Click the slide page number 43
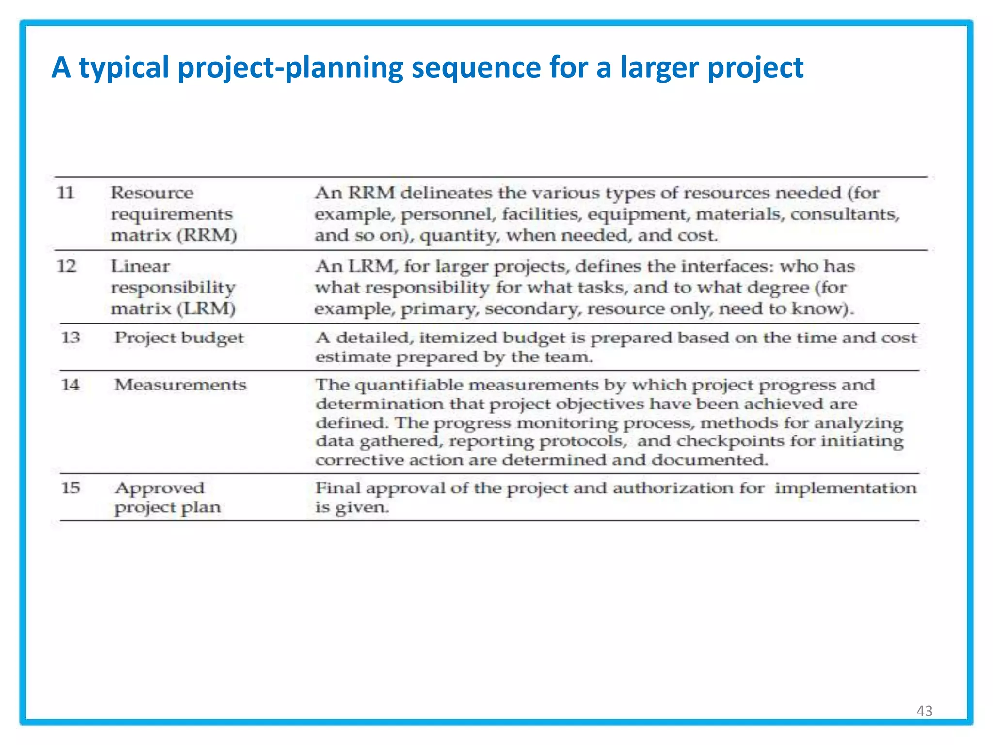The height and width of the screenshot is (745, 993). (924, 711)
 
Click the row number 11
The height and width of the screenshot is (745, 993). (65, 193)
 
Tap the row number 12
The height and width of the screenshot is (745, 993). (66, 266)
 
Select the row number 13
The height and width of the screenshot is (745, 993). (70, 337)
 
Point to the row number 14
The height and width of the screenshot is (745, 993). (70, 385)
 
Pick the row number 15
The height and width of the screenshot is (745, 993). (70, 487)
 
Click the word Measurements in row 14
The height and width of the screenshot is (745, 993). (180, 385)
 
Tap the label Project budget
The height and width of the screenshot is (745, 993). (179, 338)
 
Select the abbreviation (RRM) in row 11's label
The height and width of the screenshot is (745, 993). (207, 235)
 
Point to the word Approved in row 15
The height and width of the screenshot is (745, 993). (160, 488)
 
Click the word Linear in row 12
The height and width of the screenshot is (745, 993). (140, 266)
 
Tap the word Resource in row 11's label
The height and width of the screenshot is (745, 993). (152, 193)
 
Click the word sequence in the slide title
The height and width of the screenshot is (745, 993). (476, 67)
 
